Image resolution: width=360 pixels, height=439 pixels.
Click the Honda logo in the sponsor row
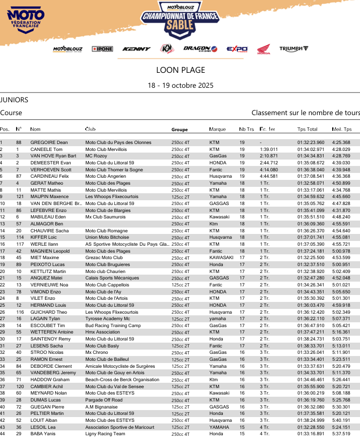click(264, 49)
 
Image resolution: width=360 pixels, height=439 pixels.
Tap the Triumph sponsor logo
click(294, 49)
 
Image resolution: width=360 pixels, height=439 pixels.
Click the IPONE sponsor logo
click(102, 49)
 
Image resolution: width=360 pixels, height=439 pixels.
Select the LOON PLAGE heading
click(181, 70)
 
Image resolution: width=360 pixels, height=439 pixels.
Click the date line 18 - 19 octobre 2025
click(181, 85)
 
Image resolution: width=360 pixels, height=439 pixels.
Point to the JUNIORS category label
click(14, 100)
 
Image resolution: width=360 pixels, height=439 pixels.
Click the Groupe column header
click(179, 130)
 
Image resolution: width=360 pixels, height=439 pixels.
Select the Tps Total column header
click(307, 129)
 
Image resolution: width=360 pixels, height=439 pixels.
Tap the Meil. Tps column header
click(342, 129)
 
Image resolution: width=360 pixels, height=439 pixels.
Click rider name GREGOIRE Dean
click(49, 142)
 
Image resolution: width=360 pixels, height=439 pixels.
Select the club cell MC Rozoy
click(96, 156)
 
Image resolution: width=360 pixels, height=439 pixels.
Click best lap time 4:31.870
click(341, 210)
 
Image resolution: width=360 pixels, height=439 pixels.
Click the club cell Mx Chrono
click(96, 352)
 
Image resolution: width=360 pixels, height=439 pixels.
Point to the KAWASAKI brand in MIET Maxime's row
click(221, 258)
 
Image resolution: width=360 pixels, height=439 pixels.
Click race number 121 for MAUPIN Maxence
click(20, 196)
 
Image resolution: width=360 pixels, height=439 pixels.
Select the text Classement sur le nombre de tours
click(305, 113)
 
